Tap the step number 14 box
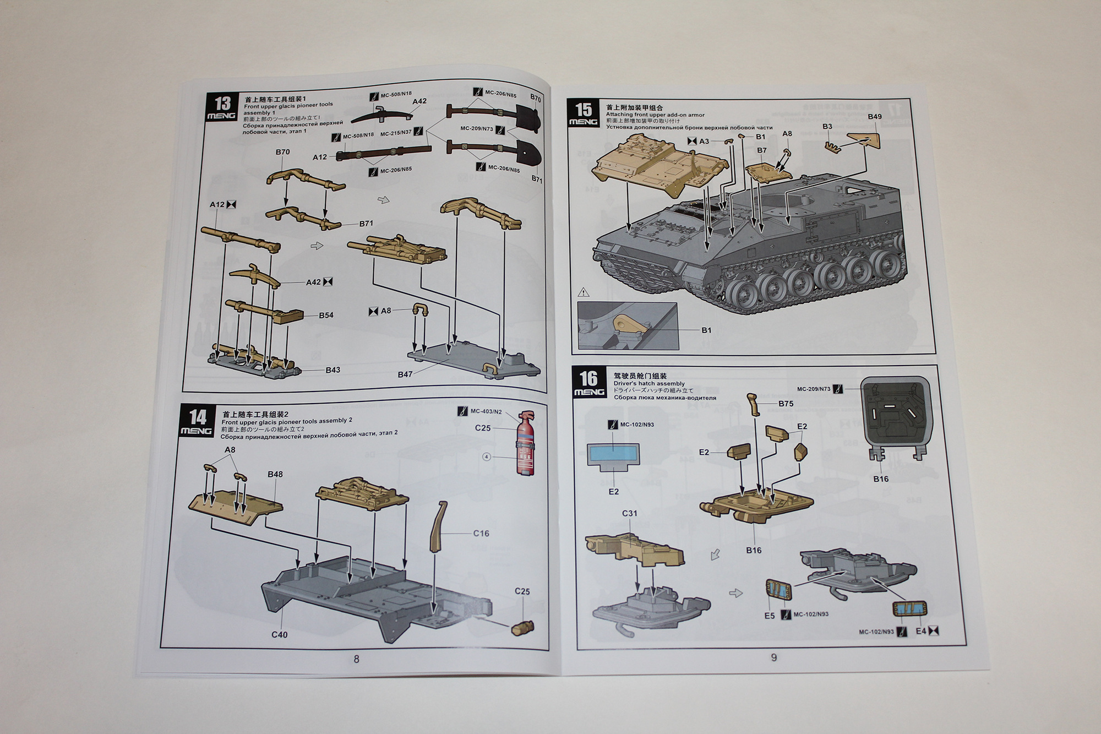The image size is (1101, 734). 197,421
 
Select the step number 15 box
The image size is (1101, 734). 584,113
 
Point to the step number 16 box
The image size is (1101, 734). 588,382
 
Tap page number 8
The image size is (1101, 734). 356,659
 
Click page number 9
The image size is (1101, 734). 774,657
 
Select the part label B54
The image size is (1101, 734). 326,316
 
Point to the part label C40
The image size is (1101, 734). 279,634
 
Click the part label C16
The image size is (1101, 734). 481,533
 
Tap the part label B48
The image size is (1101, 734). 275,474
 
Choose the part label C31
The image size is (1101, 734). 629,513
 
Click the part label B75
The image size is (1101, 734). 786,404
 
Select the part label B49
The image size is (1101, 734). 874,117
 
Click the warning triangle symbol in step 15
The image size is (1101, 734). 584,292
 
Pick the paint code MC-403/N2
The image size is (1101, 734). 486,411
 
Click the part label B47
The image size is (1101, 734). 405,374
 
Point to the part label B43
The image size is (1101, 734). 333,370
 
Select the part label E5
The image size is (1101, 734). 769,616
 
